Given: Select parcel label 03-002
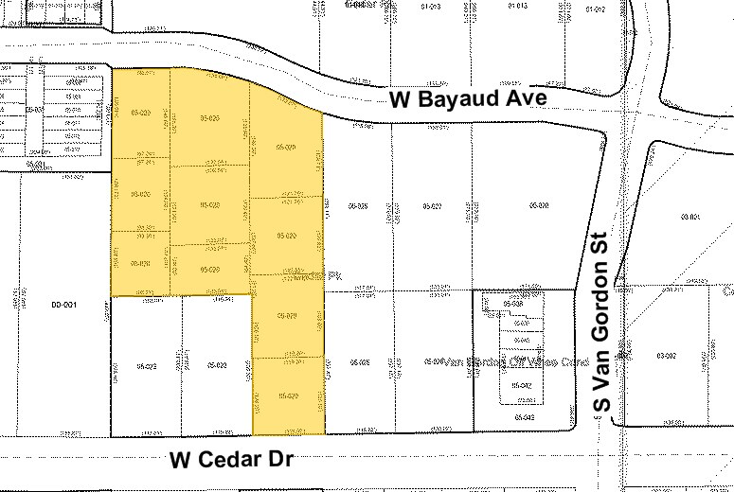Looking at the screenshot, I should [x=666, y=355].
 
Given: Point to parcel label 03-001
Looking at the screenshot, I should [x=689, y=219].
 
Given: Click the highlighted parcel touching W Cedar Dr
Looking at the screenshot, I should [x=287, y=395].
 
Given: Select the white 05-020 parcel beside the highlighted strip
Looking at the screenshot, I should [x=216, y=364].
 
